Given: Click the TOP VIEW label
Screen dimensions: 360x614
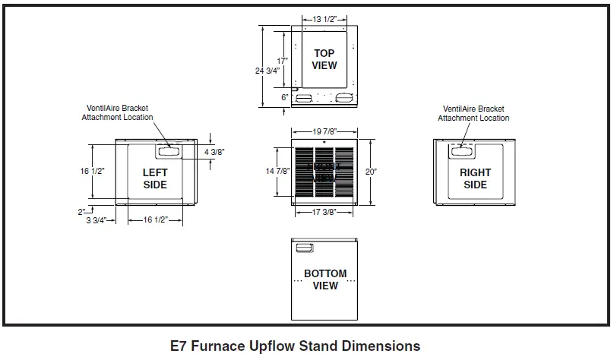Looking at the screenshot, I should (x=324, y=59).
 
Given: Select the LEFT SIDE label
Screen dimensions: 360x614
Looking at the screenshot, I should (x=155, y=179).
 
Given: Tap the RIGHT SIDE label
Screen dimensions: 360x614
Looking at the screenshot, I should (x=475, y=179).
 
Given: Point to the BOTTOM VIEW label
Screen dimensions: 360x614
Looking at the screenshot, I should (x=325, y=279).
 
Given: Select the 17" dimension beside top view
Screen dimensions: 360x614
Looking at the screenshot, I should (x=282, y=60).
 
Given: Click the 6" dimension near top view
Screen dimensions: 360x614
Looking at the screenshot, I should (x=284, y=97).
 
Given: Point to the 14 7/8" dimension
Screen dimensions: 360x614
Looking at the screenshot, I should (x=278, y=172).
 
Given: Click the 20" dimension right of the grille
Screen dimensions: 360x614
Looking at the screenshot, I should (x=371, y=172).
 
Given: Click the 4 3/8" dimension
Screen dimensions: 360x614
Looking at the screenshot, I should (x=215, y=152).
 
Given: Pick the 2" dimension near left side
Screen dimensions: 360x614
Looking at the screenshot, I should (x=81, y=212).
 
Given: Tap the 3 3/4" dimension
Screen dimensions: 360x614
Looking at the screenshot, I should (x=101, y=220).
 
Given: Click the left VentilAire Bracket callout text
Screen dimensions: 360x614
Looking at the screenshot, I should (x=120, y=113).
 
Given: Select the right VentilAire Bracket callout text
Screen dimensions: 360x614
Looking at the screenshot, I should (x=475, y=113).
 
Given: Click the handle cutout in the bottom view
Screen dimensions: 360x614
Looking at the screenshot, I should (x=304, y=248).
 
